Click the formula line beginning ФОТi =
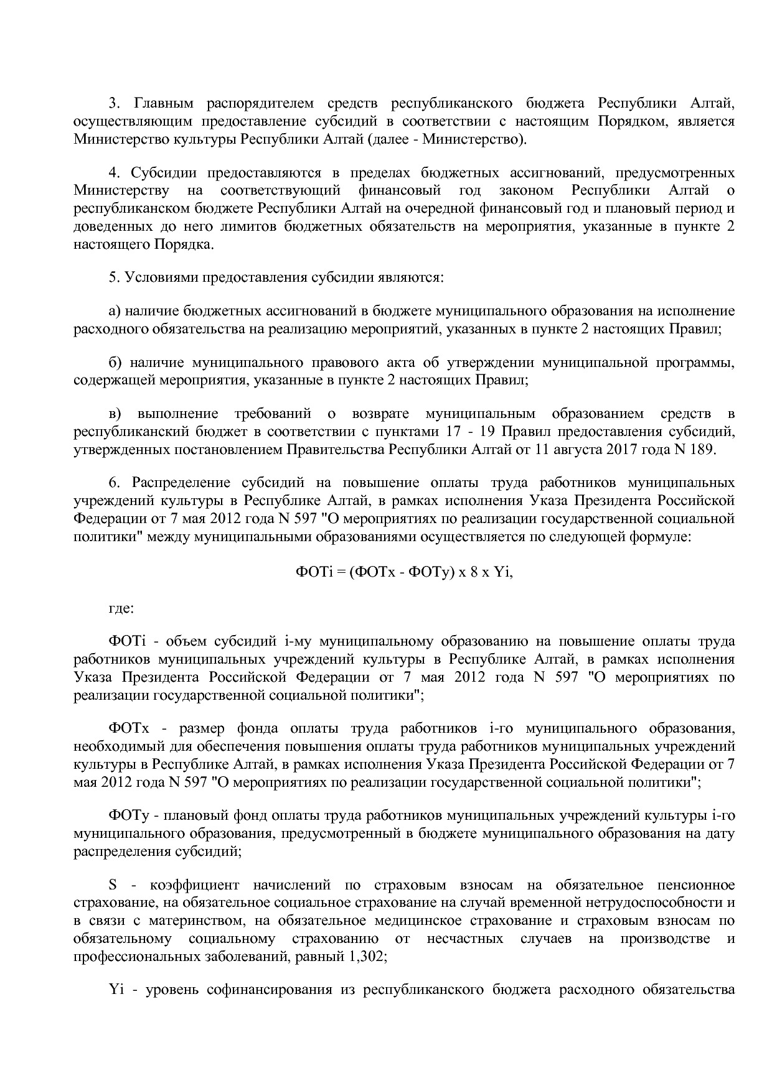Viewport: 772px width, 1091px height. click(x=403, y=572)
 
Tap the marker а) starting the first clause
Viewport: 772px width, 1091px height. click(x=116, y=311)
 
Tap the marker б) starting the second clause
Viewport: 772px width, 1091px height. click(x=116, y=362)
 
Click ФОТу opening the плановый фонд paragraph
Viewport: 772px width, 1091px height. click(x=127, y=815)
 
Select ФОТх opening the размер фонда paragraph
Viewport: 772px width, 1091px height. click(x=128, y=728)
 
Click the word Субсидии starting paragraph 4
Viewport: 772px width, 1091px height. click(x=164, y=172)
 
